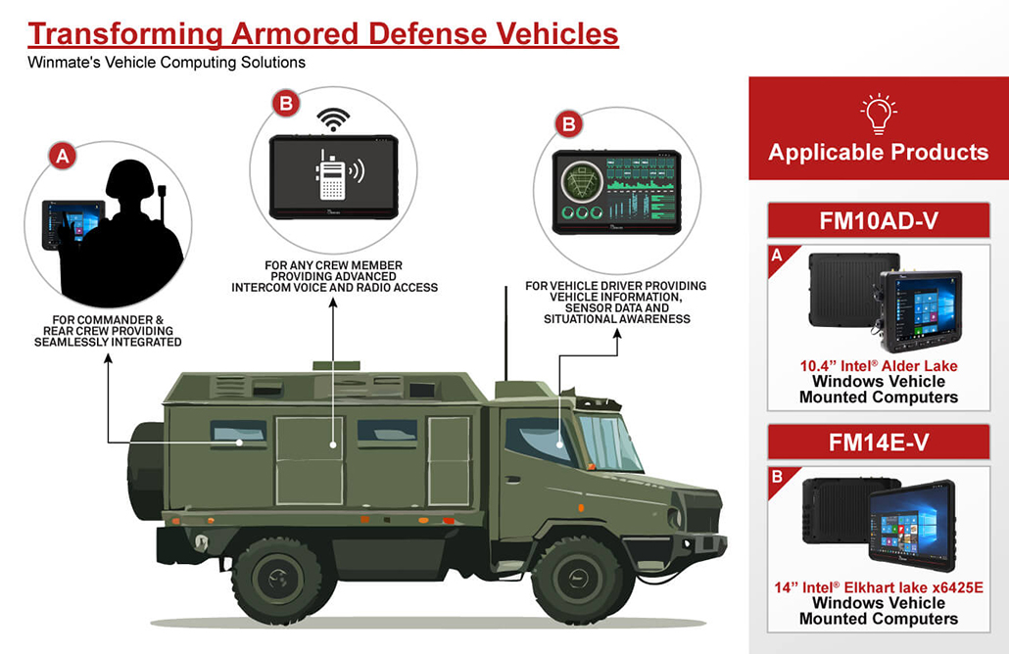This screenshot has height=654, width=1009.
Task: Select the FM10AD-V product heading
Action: pos(878,220)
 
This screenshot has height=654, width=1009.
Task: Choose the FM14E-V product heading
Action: pos(878,443)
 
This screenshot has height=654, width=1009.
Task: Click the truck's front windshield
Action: pos(610,442)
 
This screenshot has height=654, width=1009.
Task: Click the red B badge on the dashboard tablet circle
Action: pos(567,124)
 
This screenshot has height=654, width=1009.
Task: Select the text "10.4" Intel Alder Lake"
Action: pos(878,366)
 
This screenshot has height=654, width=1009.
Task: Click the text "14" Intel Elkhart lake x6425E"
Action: pos(878,587)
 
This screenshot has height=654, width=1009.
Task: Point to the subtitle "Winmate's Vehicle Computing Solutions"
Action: pos(167,63)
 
